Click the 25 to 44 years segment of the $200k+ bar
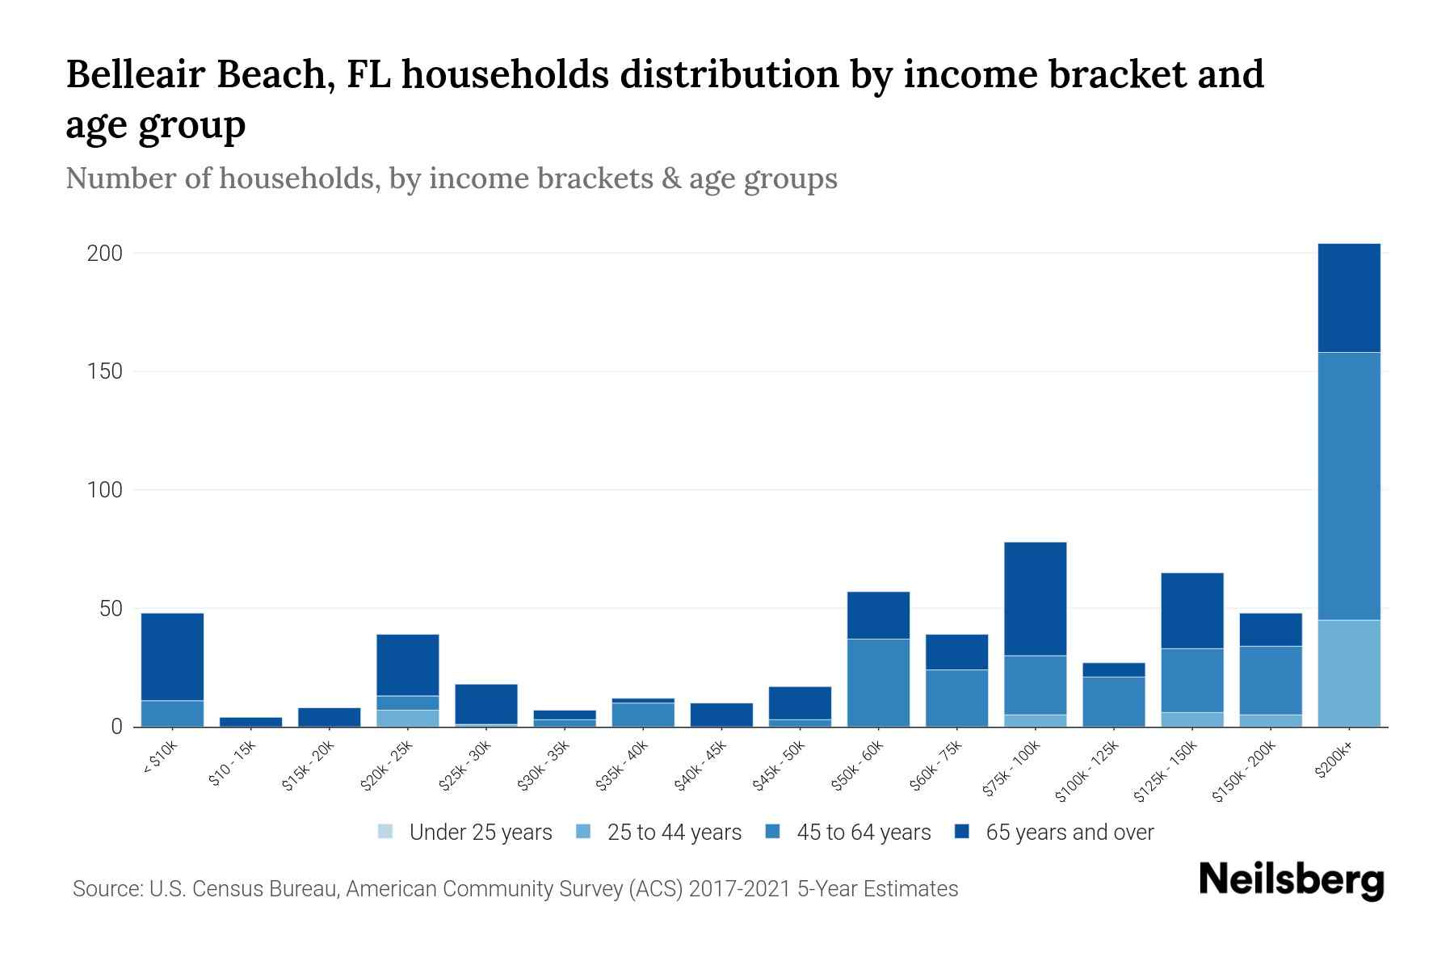coord(1349,673)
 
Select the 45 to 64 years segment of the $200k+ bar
coord(1349,484)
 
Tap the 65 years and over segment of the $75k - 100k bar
coord(1035,598)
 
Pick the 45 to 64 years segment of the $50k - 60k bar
coord(878,682)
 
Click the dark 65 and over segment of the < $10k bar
coord(172,656)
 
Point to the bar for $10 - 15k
coord(250,721)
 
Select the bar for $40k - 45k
coord(721,715)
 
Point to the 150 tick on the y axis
coord(104,371)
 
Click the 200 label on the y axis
coord(104,254)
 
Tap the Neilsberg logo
coord(1291,880)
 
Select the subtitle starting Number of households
coord(451,178)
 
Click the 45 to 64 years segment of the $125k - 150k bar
coord(1191,680)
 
